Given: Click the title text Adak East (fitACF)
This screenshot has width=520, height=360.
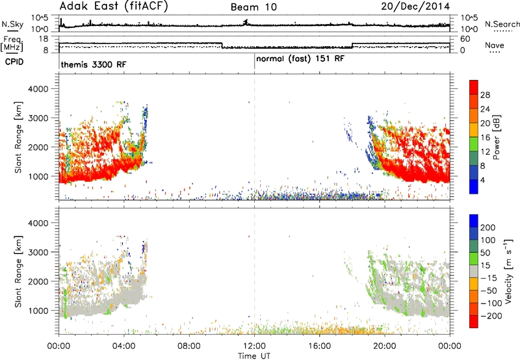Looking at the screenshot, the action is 114,6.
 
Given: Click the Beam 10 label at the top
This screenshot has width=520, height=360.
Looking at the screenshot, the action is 253,7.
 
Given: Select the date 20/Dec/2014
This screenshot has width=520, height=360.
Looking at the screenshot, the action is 415,6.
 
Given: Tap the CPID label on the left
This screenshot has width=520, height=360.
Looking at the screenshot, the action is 14,62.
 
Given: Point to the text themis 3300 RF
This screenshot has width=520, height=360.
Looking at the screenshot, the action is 94,64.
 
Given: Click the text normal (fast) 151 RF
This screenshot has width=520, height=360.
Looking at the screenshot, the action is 300,59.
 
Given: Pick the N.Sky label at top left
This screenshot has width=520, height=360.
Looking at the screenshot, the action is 12,24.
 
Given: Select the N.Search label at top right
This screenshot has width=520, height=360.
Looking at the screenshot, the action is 502,24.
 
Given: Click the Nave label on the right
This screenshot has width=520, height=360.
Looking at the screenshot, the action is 495,45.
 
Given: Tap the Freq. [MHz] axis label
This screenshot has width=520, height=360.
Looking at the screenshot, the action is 12,44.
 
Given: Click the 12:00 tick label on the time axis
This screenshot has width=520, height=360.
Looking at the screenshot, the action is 254,346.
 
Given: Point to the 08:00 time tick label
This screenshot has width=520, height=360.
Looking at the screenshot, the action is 189,346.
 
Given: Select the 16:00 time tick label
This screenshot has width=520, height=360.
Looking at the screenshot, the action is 319,346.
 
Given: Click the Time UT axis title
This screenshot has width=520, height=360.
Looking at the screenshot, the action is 254,356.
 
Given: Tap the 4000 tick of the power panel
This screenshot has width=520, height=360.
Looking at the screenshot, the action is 38,89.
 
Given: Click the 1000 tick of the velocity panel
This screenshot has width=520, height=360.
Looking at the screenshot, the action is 38,311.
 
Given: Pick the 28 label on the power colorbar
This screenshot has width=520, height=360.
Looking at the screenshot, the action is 485,95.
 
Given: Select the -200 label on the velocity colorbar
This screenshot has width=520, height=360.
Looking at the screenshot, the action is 491,316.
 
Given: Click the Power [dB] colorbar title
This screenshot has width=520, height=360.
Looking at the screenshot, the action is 497,137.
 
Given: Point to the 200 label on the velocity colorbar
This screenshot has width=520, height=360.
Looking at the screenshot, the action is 488,227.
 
